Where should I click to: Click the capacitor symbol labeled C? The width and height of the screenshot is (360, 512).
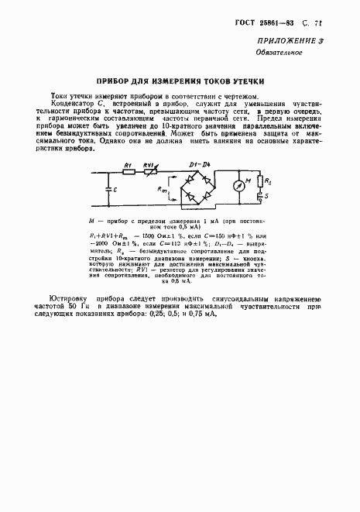(105, 189)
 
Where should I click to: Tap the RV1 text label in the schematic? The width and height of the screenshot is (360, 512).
(152, 165)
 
